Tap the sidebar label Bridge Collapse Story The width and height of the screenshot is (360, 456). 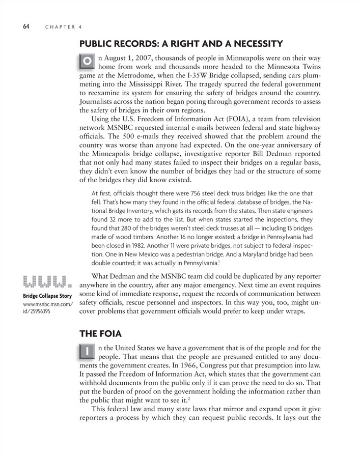47,297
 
